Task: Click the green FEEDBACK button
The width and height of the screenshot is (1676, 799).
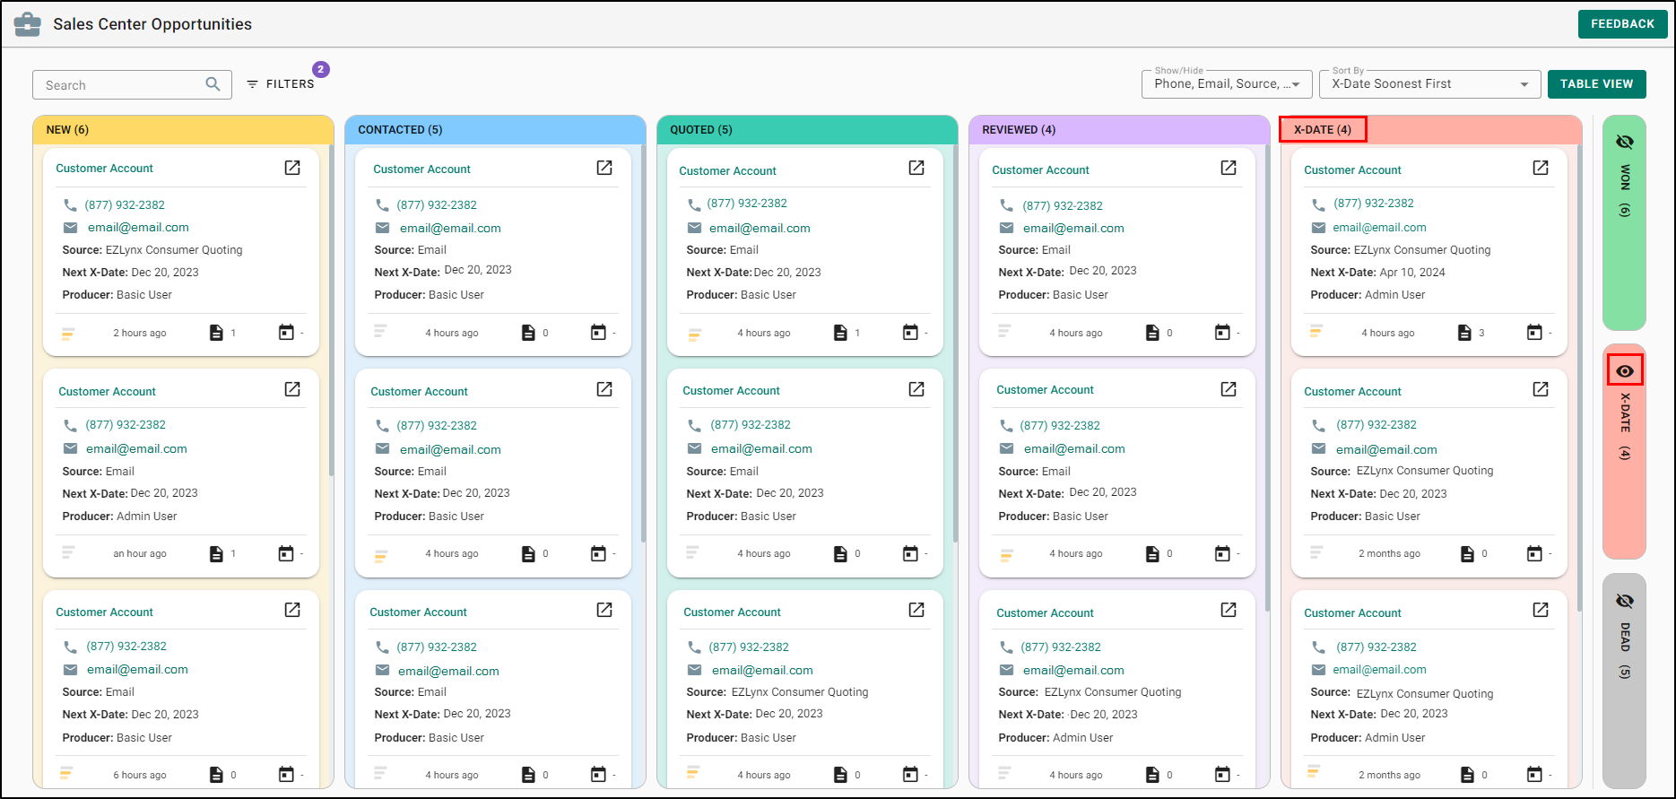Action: point(1622,24)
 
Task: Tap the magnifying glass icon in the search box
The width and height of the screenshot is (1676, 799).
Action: point(213,84)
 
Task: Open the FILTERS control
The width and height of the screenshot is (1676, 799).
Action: point(281,84)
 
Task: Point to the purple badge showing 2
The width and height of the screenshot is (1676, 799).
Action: point(321,69)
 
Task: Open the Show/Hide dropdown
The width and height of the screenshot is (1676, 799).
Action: point(1226,84)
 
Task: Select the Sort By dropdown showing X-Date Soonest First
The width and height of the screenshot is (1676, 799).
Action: point(1429,84)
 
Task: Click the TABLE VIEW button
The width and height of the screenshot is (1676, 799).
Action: point(1596,84)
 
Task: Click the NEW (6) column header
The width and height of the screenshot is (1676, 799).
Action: point(67,130)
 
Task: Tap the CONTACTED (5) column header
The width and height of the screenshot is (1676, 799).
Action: point(400,130)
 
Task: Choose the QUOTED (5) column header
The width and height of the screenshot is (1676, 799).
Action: point(701,130)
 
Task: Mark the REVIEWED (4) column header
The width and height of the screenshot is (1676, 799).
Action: point(1019,130)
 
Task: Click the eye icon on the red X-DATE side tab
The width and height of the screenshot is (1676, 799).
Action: point(1625,370)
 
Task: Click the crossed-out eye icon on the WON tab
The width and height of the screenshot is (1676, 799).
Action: point(1625,142)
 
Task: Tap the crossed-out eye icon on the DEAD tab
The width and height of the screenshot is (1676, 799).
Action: point(1625,600)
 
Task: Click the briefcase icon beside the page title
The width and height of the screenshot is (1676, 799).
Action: point(28,24)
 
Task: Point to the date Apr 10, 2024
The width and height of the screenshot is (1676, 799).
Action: point(1412,273)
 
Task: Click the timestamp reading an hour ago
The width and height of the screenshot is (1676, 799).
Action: point(140,554)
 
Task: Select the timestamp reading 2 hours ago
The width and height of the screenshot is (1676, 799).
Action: point(140,334)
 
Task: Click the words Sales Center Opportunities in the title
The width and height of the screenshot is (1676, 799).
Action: point(152,24)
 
